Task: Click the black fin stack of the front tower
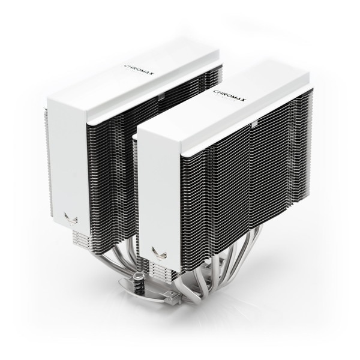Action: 240,180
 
